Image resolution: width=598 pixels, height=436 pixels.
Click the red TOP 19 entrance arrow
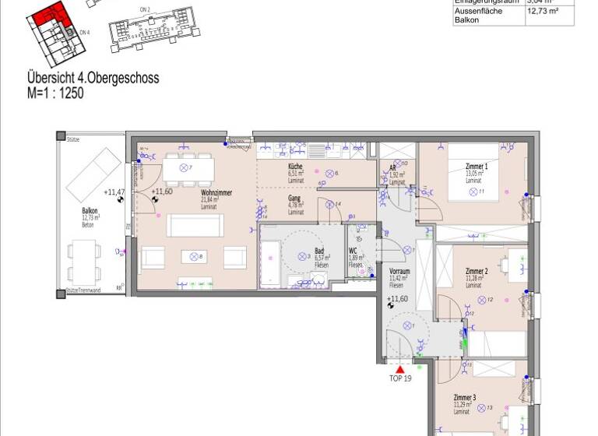(400, 369)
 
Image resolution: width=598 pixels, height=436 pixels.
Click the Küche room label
(294, 167)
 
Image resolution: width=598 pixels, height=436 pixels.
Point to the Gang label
(294, 199)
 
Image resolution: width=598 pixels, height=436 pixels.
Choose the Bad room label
(319, 251)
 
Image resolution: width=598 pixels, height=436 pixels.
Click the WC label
(353, 251)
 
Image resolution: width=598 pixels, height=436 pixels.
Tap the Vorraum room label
(399, 270)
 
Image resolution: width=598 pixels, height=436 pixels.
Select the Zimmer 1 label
(476, 167)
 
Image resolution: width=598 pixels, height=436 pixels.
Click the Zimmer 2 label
(476, 271)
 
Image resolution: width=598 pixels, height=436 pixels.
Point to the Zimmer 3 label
(466, 398)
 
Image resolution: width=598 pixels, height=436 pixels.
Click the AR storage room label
(393, 168)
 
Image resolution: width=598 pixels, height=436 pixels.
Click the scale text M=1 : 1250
(55, 93)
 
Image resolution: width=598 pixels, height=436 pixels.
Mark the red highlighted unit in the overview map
(53, 14)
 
